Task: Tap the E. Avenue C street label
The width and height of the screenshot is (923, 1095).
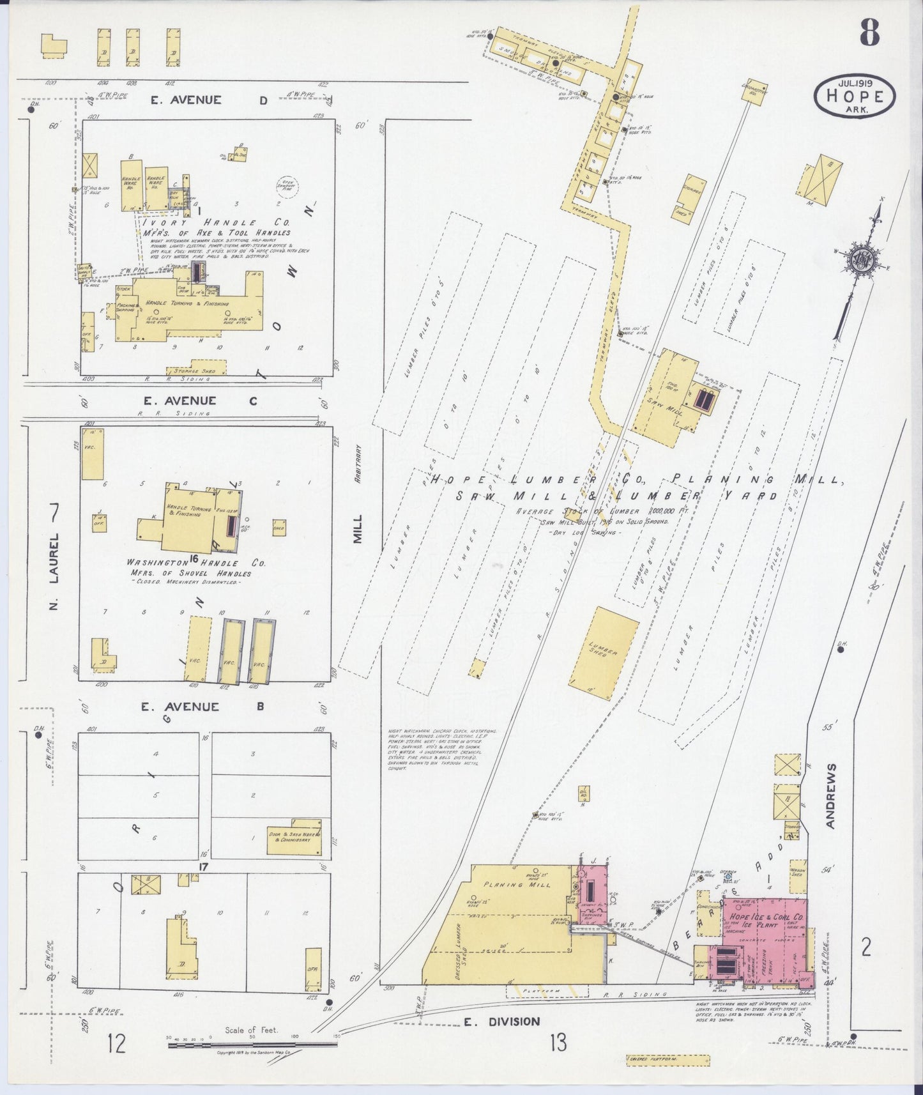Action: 197,401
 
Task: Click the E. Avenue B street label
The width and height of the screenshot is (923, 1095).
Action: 197,707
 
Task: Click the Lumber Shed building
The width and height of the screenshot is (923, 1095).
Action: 603,654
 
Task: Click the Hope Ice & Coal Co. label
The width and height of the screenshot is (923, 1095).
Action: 763,918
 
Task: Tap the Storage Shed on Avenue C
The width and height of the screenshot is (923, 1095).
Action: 196,371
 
